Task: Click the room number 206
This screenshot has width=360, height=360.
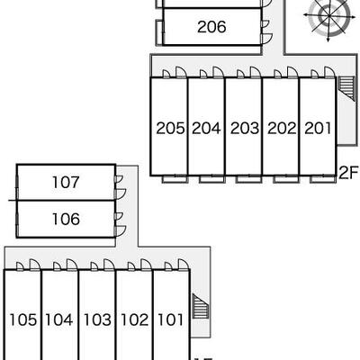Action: point(211,27)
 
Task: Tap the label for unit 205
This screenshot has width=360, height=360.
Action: point(170,129)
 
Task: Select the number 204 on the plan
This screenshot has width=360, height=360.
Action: point(206,129)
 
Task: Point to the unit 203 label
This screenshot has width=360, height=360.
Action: point(245,129)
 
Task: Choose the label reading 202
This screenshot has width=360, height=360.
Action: point(282,129)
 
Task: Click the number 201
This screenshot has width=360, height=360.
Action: point(318,129)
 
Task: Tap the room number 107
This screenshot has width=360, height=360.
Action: point(66,183)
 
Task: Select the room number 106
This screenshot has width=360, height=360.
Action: point(66,219)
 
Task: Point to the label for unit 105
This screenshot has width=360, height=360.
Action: point(23,319)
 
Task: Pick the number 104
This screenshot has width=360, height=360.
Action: point(59,319)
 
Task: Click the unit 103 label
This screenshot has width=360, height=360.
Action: point(97,319)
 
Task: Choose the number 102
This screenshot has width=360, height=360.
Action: point(134,319)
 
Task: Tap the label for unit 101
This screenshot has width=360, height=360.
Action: point(170,319)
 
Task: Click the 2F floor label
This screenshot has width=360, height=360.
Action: point(349,173)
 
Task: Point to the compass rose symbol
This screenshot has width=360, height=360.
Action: point(328,15)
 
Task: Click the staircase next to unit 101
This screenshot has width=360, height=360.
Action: point(200,309)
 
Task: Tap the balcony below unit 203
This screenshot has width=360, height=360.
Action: point(248,179)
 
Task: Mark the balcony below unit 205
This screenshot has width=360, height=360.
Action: point(175,179)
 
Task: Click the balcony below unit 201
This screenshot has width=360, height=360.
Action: point(322,179)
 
